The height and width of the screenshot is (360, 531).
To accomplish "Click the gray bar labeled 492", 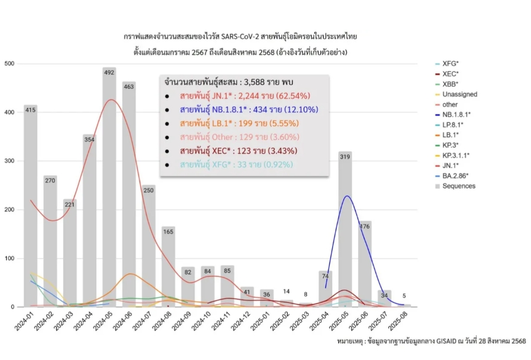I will (109, 185).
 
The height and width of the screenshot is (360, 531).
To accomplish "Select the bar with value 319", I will (346, 228).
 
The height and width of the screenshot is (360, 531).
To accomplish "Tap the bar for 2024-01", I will (31, 204).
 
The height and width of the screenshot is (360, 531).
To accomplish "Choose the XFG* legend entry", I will (451, 64).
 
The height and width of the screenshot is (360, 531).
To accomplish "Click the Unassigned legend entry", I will (459, 94).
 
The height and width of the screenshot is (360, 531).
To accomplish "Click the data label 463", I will (129, 86).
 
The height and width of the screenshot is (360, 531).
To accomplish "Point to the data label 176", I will (365, 227).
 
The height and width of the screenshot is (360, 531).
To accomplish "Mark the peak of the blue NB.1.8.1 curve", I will (347, 196).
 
